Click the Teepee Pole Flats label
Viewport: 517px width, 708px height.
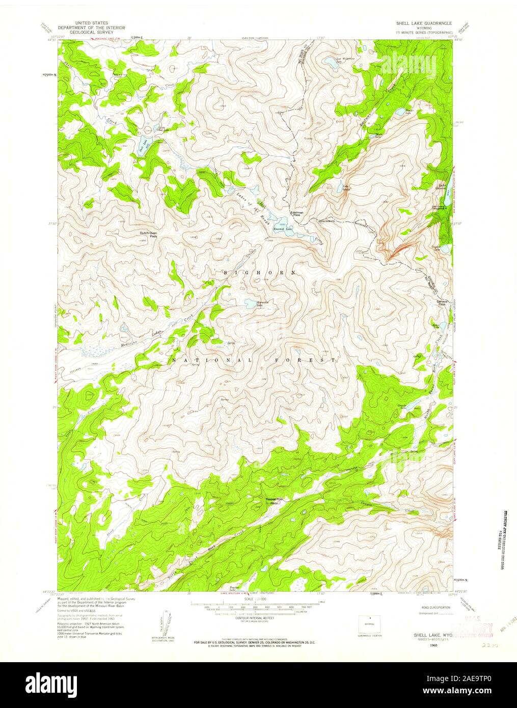coord(274,501)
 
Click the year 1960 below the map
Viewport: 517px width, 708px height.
coord(433,645)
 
